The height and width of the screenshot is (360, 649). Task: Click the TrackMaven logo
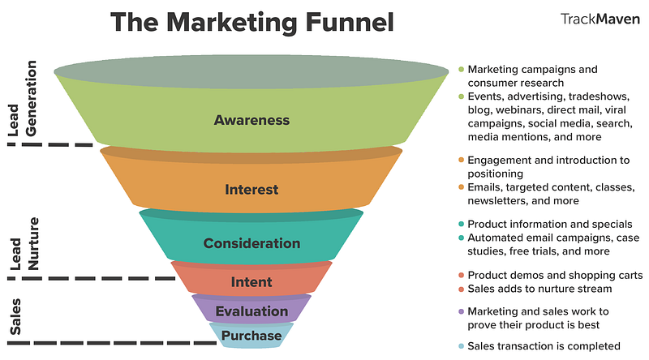coord(600,19)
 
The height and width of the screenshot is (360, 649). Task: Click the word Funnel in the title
coord(350,22)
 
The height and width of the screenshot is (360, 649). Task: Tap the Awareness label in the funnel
coord(251,120)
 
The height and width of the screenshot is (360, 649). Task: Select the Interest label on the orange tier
coord(251,190)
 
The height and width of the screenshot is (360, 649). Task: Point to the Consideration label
coord(251,243)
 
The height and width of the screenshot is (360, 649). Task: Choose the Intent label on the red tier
coord(251,282)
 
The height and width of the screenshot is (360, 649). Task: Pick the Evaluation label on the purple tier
coord(251,311)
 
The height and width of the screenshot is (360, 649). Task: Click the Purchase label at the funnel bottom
coord(251,336)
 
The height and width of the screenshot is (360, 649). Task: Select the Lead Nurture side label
coord(24,244)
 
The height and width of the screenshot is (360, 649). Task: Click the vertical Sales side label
coord(15,316)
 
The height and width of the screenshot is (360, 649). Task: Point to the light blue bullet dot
coord(461,346)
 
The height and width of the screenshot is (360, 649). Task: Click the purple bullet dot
coord(461,311)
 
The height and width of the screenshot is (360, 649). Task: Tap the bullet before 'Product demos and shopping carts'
coord(461,276)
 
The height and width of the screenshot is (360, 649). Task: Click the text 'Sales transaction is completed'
coord(544,346)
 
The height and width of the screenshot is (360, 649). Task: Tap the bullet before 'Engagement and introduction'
coord(461,161)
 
